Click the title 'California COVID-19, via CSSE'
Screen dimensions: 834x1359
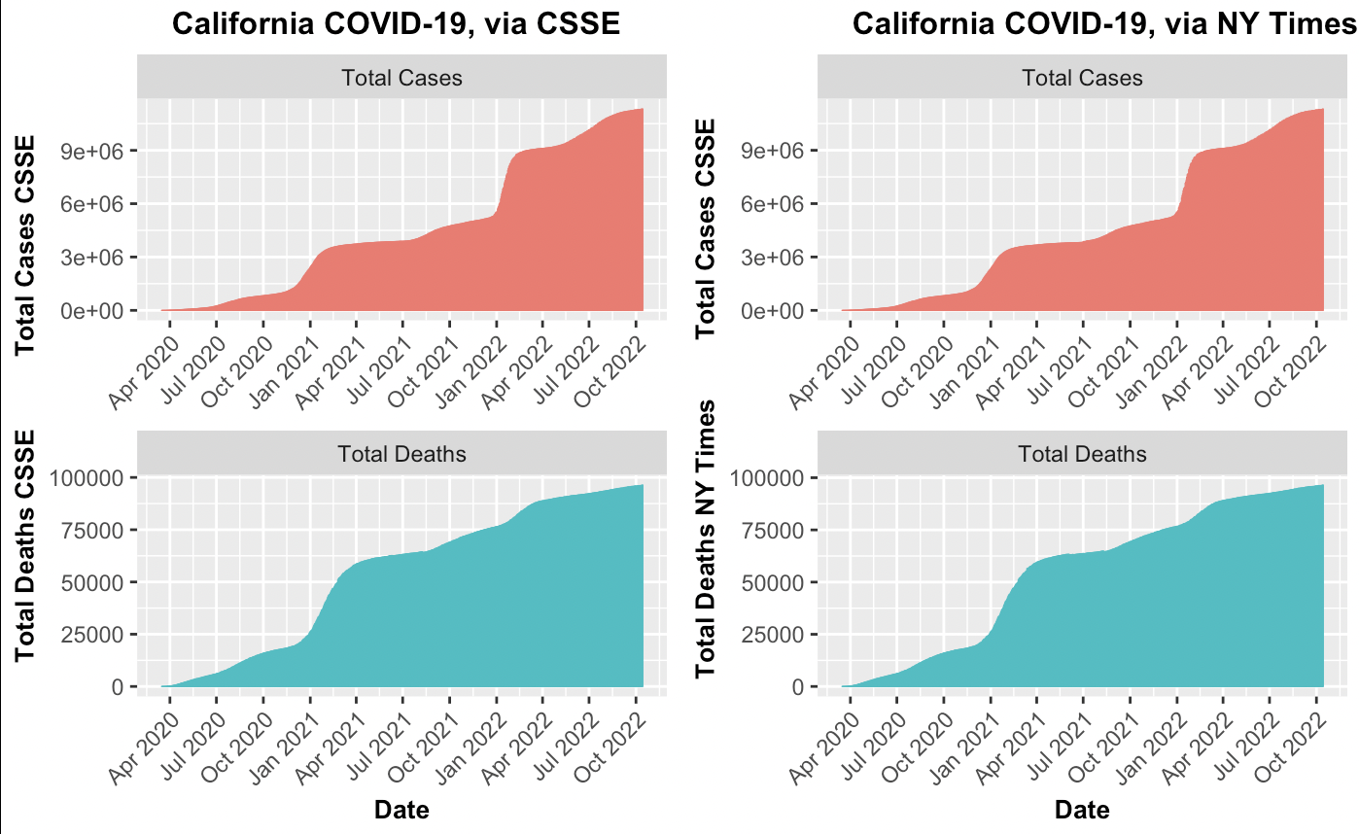click(397, 23)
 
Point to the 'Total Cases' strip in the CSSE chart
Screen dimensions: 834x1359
click(401, 78)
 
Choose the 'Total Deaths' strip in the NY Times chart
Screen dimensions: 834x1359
click(1082, 454)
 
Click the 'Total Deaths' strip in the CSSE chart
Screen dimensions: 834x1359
click(401, 454)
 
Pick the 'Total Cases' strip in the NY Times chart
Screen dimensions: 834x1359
click(1082, 78)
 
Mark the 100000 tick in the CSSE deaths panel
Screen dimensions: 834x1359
click(88, 477)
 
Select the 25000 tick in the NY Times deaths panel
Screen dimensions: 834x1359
click(774, 635)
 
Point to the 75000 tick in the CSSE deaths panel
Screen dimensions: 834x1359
click(93, 530)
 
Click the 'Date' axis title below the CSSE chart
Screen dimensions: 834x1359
click(401, 809)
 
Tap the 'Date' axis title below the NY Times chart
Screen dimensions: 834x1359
click(1082, 809)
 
